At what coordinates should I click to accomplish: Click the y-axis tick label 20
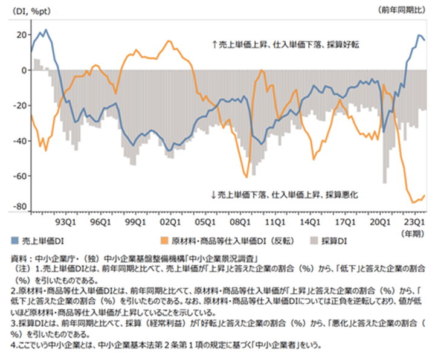coord(20,34)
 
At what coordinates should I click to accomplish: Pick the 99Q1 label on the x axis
coord(134,222)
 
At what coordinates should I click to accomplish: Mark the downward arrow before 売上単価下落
coord(213,195)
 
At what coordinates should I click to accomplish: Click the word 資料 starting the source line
coord(19,258)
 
